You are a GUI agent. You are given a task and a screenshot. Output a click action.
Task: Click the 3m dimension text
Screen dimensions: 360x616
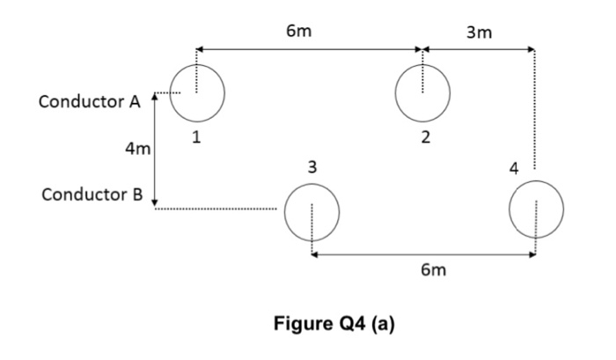coord(480,33)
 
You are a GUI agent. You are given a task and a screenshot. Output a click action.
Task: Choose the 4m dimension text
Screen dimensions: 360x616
coord(136,149)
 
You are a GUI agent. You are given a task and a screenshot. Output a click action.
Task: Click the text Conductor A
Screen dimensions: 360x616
coord(89,101)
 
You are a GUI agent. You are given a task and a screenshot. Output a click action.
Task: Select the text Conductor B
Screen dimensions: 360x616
coord(89,194)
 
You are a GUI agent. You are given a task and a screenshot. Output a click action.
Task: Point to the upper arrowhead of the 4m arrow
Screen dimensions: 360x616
coord(155,96)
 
